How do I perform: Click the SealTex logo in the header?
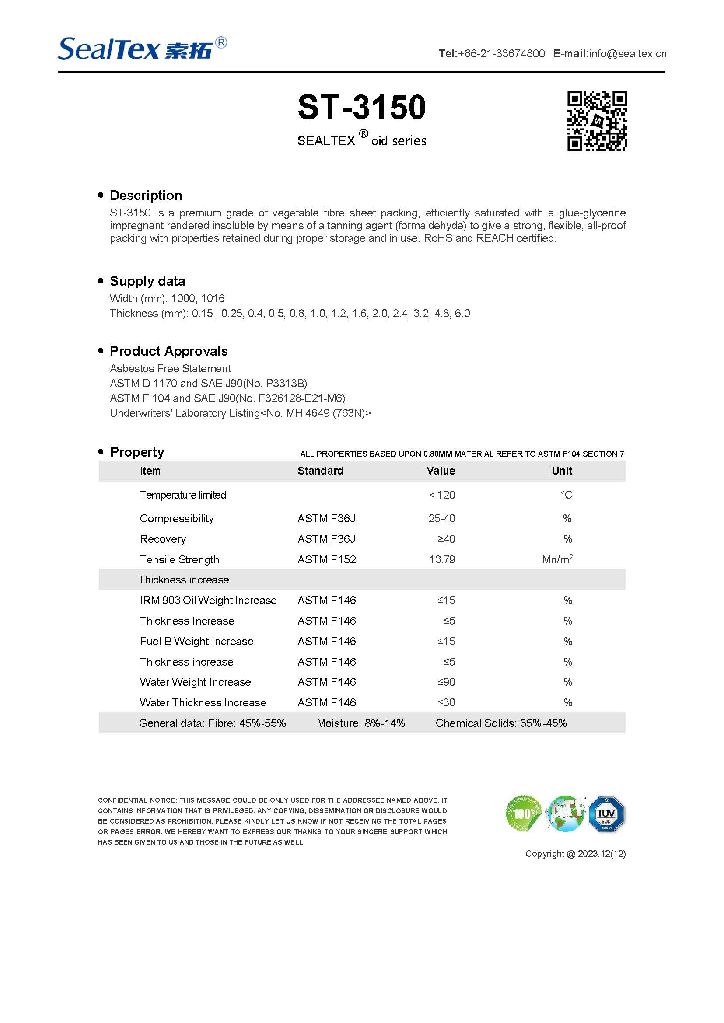(142, 49)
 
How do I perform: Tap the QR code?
(597, 121)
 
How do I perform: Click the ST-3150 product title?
(361, 108)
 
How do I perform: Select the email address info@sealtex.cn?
(627, 54)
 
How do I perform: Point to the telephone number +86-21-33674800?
(501, 54)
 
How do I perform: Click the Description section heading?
(146, 195)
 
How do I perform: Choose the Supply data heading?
(147, 281)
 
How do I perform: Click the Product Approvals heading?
(168, 351)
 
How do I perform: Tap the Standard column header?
(320, 471)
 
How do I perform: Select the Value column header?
(441, 471)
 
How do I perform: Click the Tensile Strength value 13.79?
(442, 559)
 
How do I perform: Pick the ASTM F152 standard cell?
(327, 559)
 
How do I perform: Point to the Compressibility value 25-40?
(442, 518)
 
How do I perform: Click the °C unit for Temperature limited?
(566, 495)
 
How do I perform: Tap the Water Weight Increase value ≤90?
(446, 682)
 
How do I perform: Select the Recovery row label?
(163, 539)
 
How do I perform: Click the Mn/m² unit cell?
(557, 559)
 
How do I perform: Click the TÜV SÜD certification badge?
(606, 814)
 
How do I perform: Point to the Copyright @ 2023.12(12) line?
(575, 854)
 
